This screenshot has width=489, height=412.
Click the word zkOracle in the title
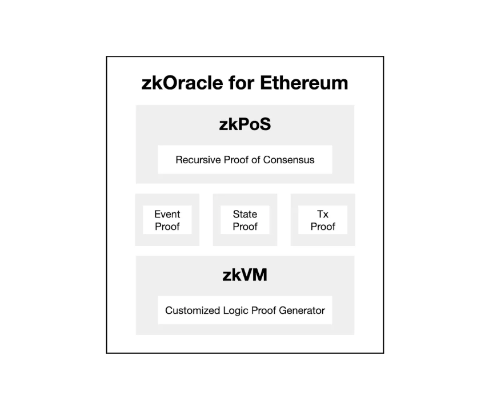[182, 83]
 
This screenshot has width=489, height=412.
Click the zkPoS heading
[244, 124]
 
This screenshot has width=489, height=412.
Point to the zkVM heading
[244, 275]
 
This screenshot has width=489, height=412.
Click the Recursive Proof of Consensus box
[244, 160]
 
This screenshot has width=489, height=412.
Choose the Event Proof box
[167, 220]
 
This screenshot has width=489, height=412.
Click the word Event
[167, 214]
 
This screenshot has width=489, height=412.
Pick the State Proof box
[244, 220]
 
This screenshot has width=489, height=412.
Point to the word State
[244, 214]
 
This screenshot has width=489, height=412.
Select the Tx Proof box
[323, 220]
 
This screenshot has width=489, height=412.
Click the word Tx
[323, 214]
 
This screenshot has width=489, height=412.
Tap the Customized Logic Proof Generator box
[244, 310]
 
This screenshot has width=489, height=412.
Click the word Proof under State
[244, 227]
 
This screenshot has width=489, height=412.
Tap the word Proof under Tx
[323, 227]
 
